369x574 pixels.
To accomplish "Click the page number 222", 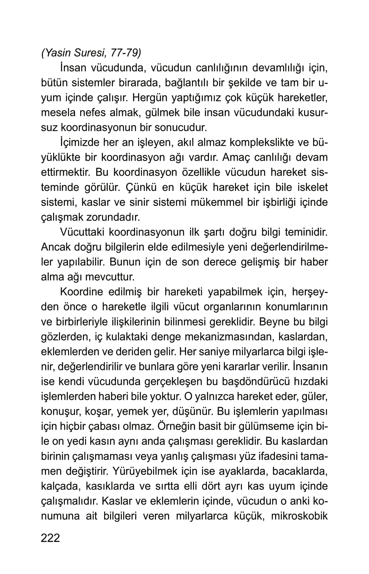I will [50, 538].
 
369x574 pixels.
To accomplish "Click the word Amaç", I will [236, 157].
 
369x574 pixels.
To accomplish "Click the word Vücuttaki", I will [82, 232].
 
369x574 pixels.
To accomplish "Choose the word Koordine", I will [82, 292].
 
